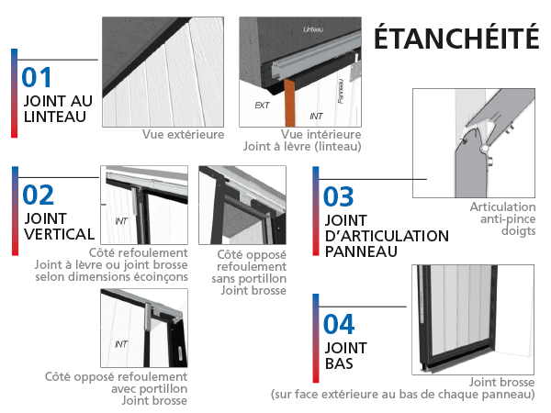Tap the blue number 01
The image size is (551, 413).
pos(37,77)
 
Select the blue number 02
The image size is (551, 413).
pos(38,195)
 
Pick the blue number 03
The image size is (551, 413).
pos(338,196)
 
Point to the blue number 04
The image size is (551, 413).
pos(339,324)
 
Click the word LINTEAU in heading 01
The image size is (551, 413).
pos(55,117)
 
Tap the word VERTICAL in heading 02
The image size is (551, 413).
pos(60,234)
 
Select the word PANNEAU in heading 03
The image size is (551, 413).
pos(361,251)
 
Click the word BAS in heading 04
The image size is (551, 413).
pos(339,363)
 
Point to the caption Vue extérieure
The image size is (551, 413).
pos(183,134)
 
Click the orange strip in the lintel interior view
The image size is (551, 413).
pos(289,103)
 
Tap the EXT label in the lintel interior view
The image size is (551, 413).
pos(262,105)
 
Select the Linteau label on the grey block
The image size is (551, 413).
pos(313,29)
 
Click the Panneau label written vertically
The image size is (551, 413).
pos(340,91)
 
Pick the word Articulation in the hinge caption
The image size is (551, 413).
pos(503,206)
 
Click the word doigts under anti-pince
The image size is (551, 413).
pos(518,231)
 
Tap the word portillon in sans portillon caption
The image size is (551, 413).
pos(266,279)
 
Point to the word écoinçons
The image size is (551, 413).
pos(161,277)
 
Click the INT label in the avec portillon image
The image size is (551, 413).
pos(121,344)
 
